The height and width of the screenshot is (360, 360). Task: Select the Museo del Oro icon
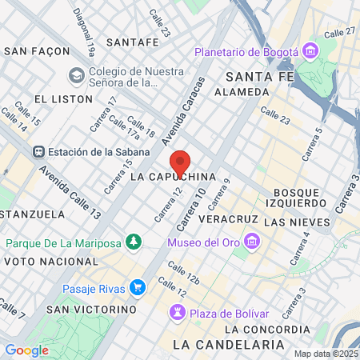point(252,242)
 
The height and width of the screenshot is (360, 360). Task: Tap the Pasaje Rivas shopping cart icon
point(138,287)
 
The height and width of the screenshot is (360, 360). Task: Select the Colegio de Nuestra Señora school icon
point(77,75)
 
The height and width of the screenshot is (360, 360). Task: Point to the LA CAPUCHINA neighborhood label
point(173,175)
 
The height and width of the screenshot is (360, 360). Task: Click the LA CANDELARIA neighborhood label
point(229,344)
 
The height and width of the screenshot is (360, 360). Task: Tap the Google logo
point(26,350)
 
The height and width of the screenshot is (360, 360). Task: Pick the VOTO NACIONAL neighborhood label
point(49,262)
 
